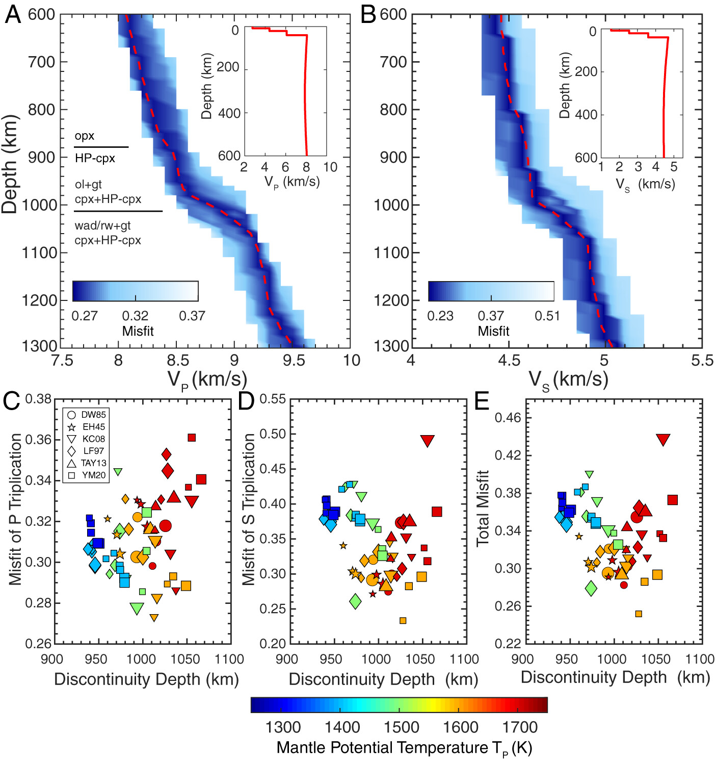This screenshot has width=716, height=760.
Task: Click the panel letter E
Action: [x=482, y=401]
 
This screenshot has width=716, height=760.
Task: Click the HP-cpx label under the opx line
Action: [x=95, y=158]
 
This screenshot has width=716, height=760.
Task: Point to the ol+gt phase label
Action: [x=89, y=185]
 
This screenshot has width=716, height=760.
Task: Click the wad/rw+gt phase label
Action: [x=102, y=225]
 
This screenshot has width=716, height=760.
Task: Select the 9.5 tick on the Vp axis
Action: [x=293, y=361]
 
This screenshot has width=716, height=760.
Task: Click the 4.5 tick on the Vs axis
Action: [x=509, y=361]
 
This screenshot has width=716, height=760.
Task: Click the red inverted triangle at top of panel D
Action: [x=427, y=441]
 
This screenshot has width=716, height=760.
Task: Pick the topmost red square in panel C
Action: [x=192, y=438]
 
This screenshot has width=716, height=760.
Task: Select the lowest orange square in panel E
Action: [x=639, y=614]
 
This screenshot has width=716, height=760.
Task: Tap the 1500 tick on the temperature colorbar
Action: [x=402, y=726]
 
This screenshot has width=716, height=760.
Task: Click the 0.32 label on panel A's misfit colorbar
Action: [x=135, y=316]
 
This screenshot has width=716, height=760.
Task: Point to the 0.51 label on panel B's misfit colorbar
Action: [x=547, y=316]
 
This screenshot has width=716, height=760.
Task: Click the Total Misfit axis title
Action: [x=482, y=508]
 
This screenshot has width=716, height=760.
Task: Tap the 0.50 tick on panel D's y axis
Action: [x=273, y=434]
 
